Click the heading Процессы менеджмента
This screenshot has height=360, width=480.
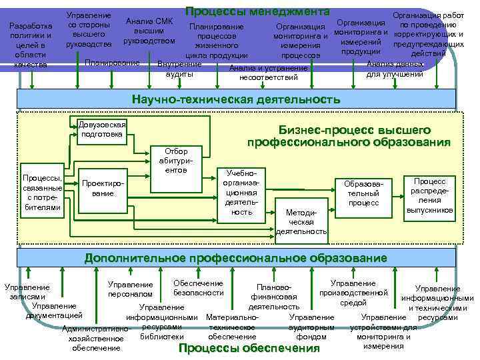[257, 11]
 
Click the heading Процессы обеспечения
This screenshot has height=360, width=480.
[249, 348]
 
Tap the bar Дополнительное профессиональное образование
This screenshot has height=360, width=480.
[235, 258]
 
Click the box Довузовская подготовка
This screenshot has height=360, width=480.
[101, 129]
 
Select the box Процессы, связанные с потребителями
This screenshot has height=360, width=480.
[42, 193]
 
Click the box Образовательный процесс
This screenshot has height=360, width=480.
[363, 193]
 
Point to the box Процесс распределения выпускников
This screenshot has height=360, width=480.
[430, 195]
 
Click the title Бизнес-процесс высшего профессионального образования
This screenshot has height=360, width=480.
[349, 136]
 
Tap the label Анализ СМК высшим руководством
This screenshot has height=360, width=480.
[149, 31]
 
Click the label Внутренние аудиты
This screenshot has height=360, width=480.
[179, 69]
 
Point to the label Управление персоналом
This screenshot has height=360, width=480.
[130, 289]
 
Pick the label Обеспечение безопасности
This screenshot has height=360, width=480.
[198, 288]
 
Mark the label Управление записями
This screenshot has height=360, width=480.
[27, 292]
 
